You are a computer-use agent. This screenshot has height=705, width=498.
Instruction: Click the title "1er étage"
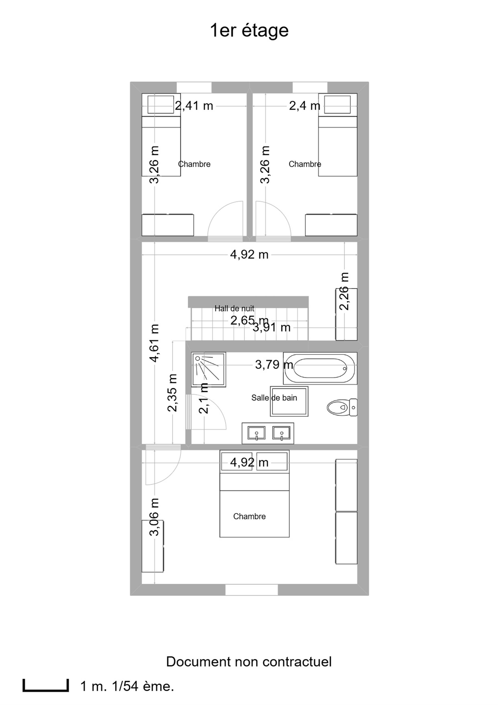249,31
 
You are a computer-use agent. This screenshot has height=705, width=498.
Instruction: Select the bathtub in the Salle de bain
320,368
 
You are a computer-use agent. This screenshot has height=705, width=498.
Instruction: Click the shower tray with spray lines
208,369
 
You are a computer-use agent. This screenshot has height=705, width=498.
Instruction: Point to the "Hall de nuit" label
234,308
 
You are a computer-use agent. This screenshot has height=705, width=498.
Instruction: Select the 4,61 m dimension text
154,343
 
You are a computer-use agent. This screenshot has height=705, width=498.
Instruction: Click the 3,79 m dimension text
274,365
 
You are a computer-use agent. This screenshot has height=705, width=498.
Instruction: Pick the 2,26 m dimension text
344,291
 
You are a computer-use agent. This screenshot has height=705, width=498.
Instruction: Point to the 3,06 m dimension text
154,517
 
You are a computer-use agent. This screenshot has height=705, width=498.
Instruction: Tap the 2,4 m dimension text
305,106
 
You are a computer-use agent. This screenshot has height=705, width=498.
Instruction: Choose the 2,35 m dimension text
172,393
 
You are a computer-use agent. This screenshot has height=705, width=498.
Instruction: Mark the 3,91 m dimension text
271,328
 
